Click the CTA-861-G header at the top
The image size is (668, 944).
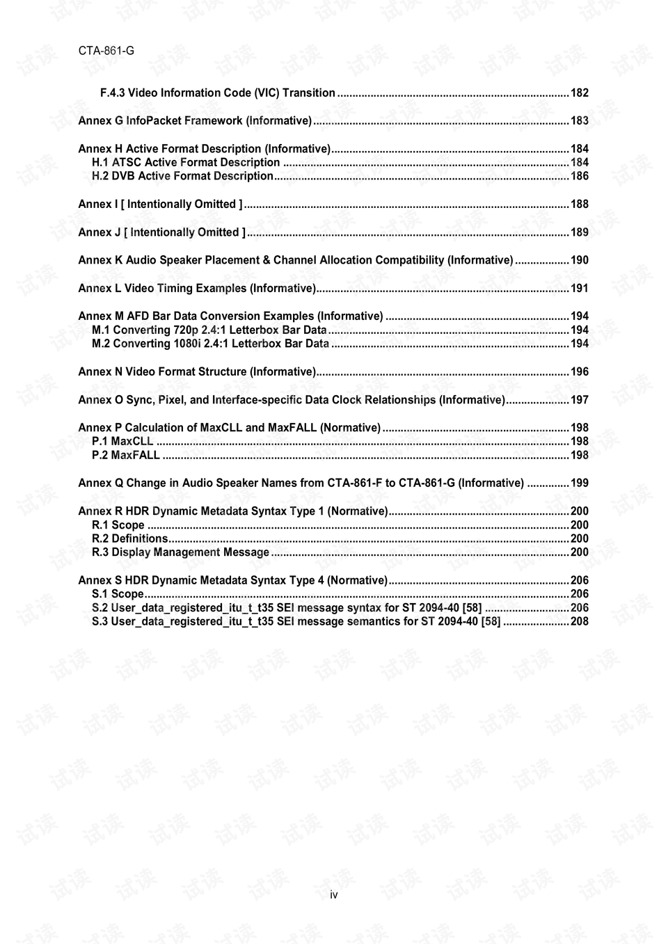click(x=106, y=51)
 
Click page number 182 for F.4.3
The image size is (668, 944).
click(x=579, y=93)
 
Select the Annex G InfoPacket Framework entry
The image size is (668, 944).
click(x=195, y=121)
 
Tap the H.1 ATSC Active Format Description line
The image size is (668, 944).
click(x=186, y=163)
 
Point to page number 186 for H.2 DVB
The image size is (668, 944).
click(x=579, y=177)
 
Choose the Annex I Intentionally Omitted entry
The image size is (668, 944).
click(x=161, y=205)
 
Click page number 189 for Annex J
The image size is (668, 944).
click(x=579, y=232)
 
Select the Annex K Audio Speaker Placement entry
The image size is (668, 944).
click(x=296, y=260)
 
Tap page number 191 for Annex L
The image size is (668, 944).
click(x=579, y=289)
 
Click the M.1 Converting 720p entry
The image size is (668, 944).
click(x=209, y=330)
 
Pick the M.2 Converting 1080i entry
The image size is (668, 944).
click(x=210, y=344)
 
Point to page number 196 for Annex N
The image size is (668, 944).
click(x=579, y=372)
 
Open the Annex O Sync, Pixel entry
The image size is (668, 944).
click(x=292, y=400)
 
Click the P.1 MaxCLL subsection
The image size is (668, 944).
click(x=122, y=442)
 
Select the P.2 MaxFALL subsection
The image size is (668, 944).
click(x=126, y=456)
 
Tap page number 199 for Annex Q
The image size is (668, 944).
click(x=579, y=483)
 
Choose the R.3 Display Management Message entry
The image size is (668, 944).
click(x=180, y=552)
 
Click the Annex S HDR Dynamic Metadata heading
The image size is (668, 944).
click(x=232, y=581)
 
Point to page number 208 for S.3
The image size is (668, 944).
click(x=579, y=622)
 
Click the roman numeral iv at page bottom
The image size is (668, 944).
click(x=334, y=895)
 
